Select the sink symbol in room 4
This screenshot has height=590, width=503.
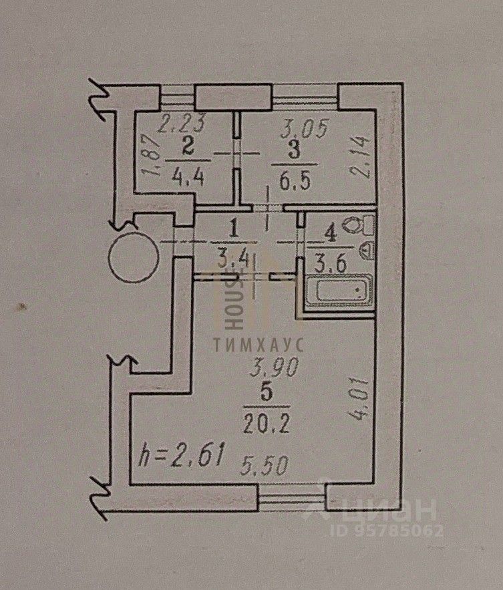(367, 251)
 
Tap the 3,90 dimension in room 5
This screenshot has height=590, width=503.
(266, 366)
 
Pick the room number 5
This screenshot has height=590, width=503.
(266, 394)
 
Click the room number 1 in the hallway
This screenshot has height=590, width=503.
(232, 230)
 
